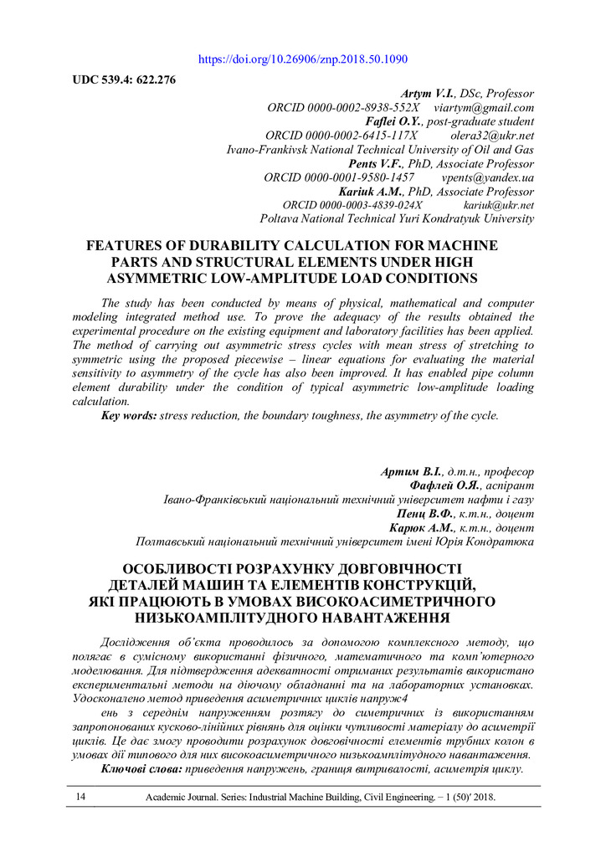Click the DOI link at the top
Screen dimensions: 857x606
pos(303,59)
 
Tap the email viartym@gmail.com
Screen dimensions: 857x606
pos(484,108)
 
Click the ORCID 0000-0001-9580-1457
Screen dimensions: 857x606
pos(339,178)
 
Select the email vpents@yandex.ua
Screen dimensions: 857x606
pos(487,178)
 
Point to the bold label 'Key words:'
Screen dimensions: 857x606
pos(129,415)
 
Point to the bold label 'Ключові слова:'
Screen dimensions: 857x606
pos(141,768)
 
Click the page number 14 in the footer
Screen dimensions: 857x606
pos(81,797)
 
